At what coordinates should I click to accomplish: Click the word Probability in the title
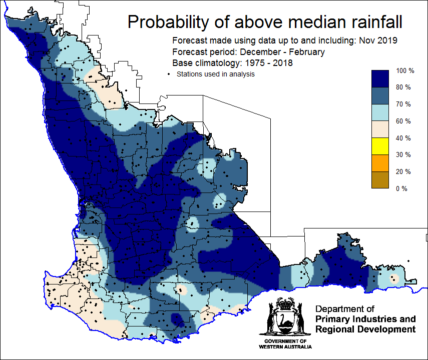point(168,22)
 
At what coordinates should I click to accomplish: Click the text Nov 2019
point(378,40)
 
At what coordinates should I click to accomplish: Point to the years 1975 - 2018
point(269,63)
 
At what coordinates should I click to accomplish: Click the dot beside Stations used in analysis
point(169,74)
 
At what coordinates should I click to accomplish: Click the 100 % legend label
point(405,70)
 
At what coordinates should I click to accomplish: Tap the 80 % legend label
point(403,87)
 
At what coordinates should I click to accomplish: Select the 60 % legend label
point(403,121)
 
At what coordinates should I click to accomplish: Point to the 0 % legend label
point(401,188)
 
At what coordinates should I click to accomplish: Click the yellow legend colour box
point(380,146)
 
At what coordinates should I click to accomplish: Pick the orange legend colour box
point(380,163)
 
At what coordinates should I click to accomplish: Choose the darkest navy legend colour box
point(380,79)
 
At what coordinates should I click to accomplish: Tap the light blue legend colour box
point(380,112)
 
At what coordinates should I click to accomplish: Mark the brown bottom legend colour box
point(380,180)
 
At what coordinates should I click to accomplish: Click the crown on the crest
point(285,303)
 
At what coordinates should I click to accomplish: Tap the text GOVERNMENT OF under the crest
point(285,341)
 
